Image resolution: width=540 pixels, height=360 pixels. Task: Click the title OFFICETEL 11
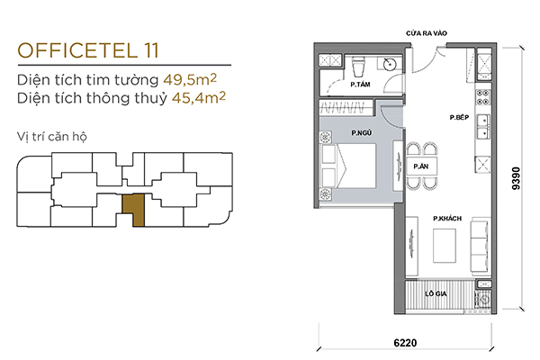tap(88, 50)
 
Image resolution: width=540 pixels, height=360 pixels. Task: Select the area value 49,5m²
tap(190, 79)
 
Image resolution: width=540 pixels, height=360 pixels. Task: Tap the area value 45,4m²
tap(199, 97)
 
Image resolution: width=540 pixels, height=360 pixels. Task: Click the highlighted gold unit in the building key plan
tap(134, 210)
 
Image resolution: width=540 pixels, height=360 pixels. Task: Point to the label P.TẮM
tap(360, 85)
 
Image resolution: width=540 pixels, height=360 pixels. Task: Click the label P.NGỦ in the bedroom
tap(362, 132)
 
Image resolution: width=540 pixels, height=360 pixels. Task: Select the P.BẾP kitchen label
tap(459, 118)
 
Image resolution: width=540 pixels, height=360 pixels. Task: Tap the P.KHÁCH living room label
tap(447, 219)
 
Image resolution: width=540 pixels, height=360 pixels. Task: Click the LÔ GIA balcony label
tap(436, 294)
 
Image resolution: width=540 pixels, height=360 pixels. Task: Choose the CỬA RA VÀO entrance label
tap(427, 33)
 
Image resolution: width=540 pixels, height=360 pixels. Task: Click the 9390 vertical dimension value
tap(516, 178)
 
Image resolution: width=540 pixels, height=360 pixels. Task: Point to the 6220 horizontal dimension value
tap(405, 343)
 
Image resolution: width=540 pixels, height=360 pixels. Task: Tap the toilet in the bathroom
tap(357, 67)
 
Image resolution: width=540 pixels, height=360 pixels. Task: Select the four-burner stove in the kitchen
tap(483, 97)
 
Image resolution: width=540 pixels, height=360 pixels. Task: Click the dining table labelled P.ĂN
tap(421, 166)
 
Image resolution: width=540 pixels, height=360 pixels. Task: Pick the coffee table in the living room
tap(445, 247)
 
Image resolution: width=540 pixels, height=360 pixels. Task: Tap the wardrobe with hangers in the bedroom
tap(346, 108)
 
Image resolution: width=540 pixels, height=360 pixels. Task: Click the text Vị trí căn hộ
tap(52, 137)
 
